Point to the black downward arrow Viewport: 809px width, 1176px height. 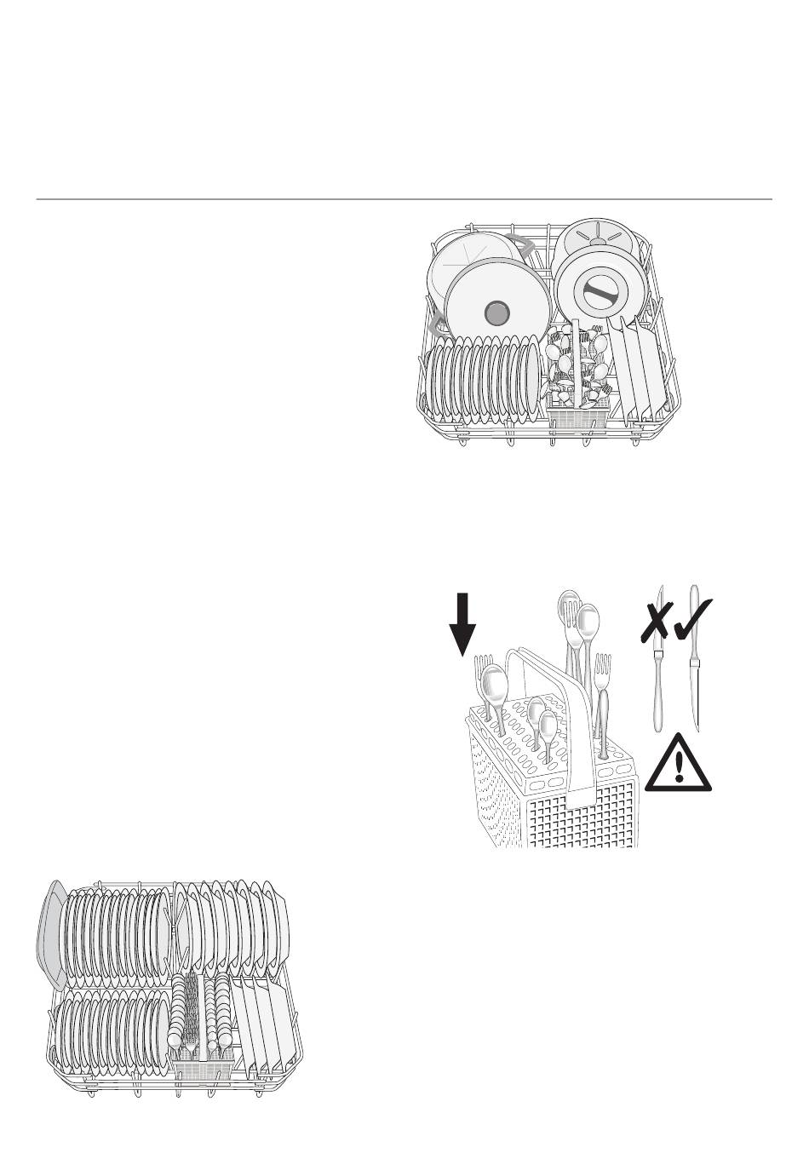tap(462, 624)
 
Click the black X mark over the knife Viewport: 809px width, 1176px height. tap(656, 620)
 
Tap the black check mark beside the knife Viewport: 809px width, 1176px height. tap(694, 617)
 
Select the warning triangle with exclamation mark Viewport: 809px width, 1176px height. tap(678, 765)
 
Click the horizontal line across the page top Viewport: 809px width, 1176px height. tap(404, 200)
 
